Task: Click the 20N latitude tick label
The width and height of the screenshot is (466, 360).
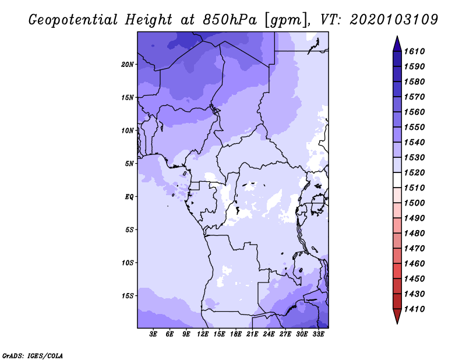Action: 128,65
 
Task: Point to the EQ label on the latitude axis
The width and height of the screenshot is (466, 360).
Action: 129,197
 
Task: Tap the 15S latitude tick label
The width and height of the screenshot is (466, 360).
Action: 128,296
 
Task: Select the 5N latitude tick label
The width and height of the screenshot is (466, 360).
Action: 129,164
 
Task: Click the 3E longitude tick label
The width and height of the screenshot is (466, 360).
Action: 153,334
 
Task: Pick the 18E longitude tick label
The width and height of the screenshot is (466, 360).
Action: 236,334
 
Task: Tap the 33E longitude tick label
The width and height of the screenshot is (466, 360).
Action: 318,334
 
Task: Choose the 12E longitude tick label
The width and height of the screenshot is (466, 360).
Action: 203,334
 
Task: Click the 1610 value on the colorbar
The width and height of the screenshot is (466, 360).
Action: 415,51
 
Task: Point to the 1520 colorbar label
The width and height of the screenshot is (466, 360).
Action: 415,172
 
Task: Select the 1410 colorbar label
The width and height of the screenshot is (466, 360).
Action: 415,309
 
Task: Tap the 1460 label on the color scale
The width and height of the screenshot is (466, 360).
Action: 415,264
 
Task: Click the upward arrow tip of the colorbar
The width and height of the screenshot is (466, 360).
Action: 397,36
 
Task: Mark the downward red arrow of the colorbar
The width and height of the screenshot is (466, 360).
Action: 397,316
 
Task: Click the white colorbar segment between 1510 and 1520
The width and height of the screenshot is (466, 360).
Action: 397,180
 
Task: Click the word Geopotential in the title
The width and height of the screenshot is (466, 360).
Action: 73,20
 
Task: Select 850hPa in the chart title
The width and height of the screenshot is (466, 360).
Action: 230,20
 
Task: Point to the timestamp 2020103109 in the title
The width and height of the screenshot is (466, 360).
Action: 394,20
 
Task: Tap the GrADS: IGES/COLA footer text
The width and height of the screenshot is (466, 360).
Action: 33,356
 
